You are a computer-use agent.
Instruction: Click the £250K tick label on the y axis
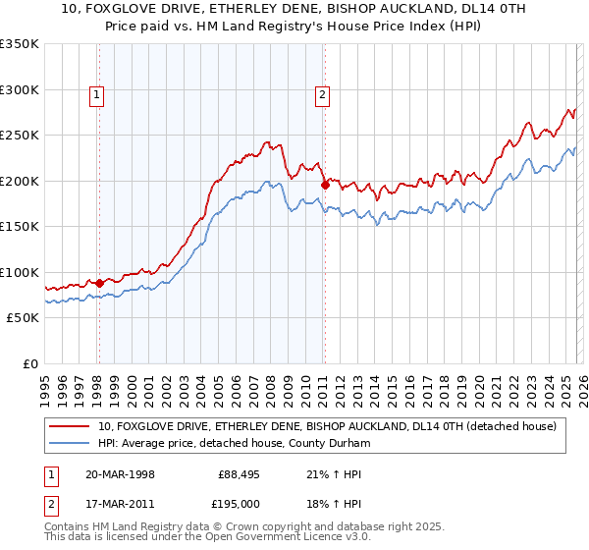(x=20, y=136)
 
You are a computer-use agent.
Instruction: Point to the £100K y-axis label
(x=20, y=272)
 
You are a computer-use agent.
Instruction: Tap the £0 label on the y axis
(x=29, y=363)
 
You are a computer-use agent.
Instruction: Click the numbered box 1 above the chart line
(x=98, y=95)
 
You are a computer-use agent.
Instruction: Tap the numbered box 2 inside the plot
(x=322, y=95)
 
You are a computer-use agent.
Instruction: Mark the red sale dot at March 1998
(x=99, y=283)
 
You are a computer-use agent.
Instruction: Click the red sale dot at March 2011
(x=324, y=185)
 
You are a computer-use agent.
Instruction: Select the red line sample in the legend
(x=71, y=426)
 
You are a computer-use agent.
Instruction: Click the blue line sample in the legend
(x=71, y=443)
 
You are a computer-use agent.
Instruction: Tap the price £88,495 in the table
(x=239, y=473)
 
